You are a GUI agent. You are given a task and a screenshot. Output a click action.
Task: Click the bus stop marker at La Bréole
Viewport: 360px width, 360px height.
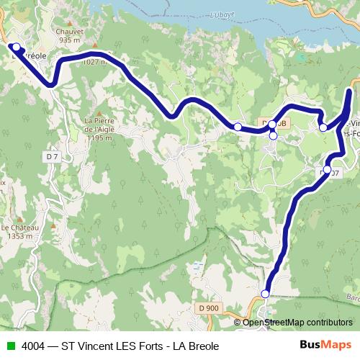[16, 47]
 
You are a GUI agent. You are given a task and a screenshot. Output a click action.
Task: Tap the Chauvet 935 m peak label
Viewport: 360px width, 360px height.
[68, 36]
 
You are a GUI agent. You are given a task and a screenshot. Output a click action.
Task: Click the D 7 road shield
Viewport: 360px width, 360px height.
[51, 156]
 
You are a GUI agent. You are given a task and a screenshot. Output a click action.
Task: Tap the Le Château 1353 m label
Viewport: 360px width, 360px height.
[19, 230]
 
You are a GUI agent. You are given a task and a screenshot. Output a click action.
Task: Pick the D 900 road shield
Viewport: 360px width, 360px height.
[207, 308]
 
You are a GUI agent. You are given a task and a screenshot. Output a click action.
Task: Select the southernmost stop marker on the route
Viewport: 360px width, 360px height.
[265, 294]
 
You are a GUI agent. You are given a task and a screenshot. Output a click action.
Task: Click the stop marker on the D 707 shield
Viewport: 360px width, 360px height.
[327, 170]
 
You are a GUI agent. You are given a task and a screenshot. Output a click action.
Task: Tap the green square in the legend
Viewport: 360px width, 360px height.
[9, 345]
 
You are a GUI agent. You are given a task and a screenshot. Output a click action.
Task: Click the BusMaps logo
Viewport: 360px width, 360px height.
[326, 344]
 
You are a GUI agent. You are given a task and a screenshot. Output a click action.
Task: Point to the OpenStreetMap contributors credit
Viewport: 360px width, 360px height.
[297, 322]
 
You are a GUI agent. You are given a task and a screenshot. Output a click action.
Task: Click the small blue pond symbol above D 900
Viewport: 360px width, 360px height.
[196, 265]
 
